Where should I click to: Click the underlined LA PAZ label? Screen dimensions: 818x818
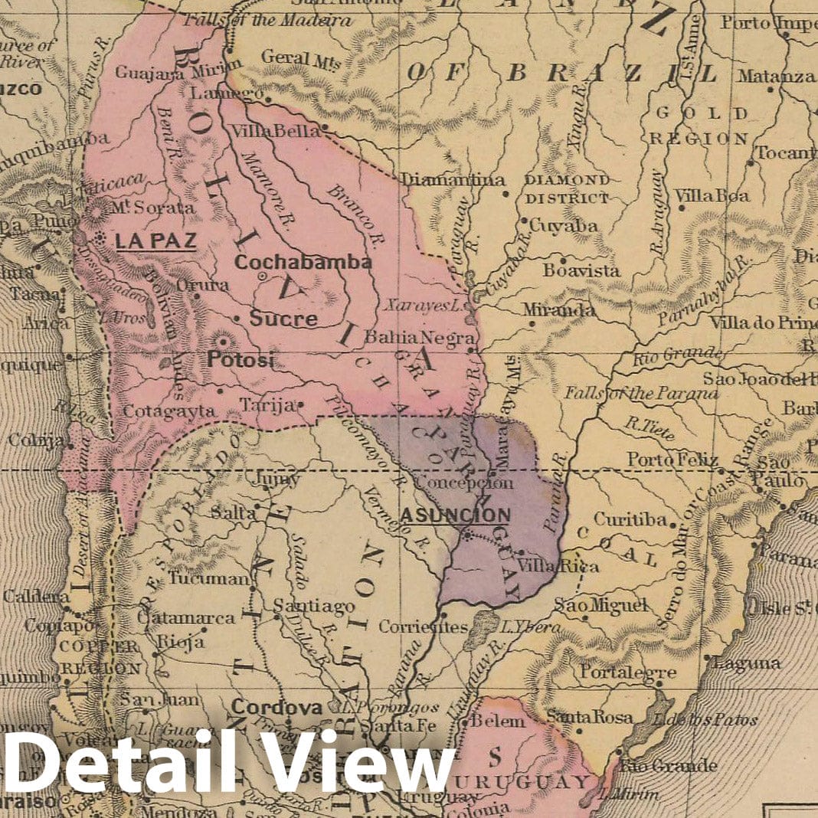pyautogui.click(x=155, y=240)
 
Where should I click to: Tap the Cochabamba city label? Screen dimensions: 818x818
pyautogui.click(x=303, y=262)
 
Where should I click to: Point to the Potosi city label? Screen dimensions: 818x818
pyautogui.click(x=239, y=359)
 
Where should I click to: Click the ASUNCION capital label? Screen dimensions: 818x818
pyautogui.click(x=455, y=515)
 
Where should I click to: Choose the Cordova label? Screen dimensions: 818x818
pyautogui.click(x=276, y=708)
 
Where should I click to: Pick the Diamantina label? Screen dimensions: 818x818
pyautogui.click(x=453, y=180)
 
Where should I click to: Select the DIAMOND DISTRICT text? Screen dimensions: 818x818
pyautogui.click(x=568, y=188)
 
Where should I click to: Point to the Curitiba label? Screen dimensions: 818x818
pyautogui.click(x=630, y=519)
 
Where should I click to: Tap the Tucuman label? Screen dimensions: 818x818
pyautogui.click(x=209, y=578)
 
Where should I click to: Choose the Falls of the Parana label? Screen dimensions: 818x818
pyautogui.click(x=641, y=393)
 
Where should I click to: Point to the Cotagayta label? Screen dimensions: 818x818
pyautogui.click(x=169, y=410)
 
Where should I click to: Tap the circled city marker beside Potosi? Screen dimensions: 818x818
pyautogui.click(x=224, y=341)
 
